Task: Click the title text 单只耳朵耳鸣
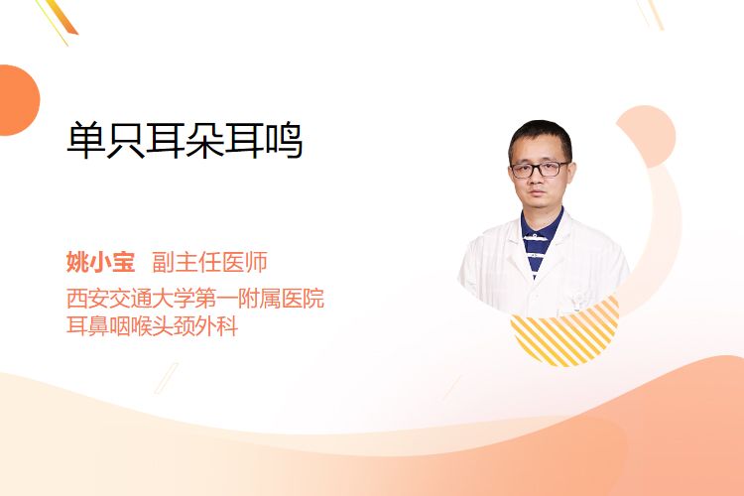point(185,141)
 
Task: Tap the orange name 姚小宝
point(100,262)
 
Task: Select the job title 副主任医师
point(209,262)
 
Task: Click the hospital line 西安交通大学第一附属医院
point(195,299)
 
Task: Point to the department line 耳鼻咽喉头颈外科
point(152,326)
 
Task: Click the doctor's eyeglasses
point(540,169)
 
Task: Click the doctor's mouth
point(537,193)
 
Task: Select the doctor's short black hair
point(541,135)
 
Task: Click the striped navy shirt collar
point(540,237)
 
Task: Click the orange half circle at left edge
point(19,100)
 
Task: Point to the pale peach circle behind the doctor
point(646,136)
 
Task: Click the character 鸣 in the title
point(285,141)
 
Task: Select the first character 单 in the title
point(85,141)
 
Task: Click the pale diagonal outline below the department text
point(167,378)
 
